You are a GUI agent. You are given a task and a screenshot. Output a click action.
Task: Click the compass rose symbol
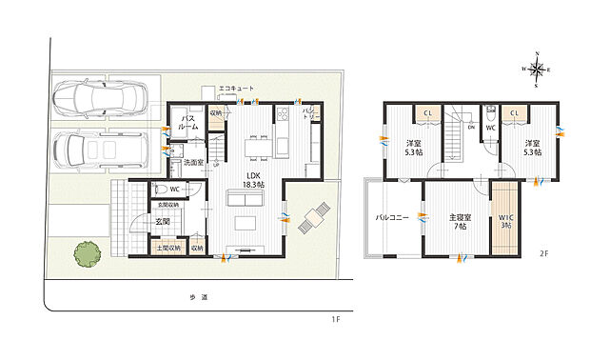[539, 69]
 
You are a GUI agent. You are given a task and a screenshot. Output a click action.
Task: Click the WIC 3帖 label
[505, 221]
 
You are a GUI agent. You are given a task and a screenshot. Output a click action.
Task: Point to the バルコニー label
[391, 218]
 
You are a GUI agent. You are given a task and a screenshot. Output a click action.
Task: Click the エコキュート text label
[236, 88]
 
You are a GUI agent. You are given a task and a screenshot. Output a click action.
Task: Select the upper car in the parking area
[100, 98]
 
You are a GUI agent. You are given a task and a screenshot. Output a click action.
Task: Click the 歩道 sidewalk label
[198, 297]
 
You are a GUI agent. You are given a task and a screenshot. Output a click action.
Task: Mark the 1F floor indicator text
[336, 318]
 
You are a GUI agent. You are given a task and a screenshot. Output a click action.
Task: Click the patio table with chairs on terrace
[314, 220]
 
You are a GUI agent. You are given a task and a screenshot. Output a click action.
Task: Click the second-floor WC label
[490, 127]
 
